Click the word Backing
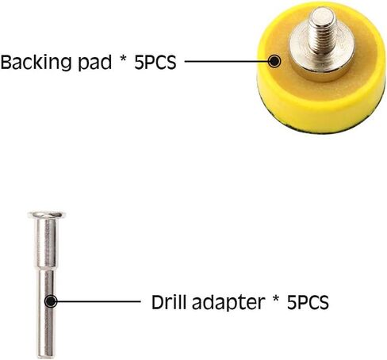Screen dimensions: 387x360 tap(36, 63)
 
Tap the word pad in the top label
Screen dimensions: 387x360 tap(95, 63)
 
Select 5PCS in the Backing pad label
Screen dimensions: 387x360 tap(155, 63)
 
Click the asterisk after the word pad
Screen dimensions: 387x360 tap(123, 59)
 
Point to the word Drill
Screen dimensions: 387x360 tap(170, 301)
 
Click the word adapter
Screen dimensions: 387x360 tap(228, 303)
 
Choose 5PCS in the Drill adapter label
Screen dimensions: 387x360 tap(308, 302)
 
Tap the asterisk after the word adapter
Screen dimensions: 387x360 tap(276, 299)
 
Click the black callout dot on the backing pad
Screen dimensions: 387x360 tap(274, 61)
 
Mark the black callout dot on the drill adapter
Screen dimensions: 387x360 tap(51, 301)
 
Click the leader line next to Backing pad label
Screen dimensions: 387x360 tap(227, 61)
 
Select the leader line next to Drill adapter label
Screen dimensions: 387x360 tap(98, 301)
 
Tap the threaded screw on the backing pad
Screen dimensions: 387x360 tap(322, 32)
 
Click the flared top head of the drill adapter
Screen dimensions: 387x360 tap(47, 215)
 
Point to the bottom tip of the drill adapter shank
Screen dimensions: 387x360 tap(46, 357)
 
